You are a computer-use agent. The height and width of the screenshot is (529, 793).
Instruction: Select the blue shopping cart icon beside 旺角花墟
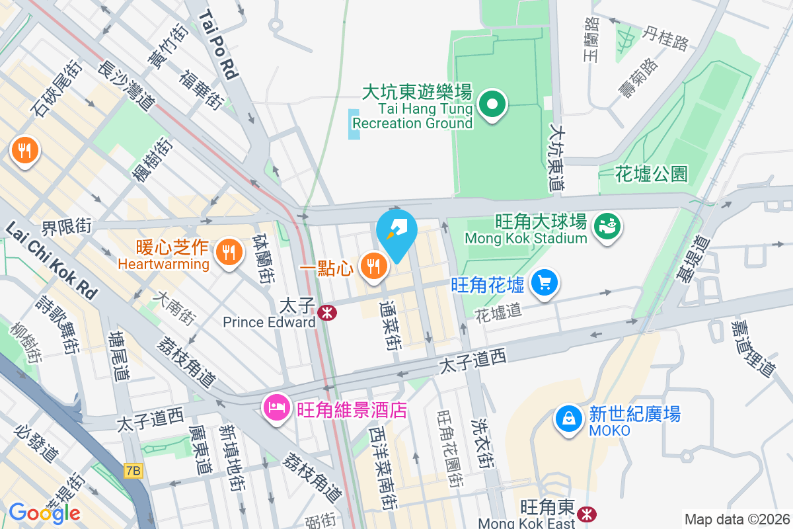click(x=544, y=284)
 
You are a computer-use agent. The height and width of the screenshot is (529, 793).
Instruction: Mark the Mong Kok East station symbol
click(x=585, y=513)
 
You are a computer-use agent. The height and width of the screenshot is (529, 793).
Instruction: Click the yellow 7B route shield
click(x=133, y=470)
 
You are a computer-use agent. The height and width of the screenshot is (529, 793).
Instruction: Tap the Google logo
click(x=44, y=512)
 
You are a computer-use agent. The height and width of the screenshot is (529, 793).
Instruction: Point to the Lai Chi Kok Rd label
click(x=52, y=259)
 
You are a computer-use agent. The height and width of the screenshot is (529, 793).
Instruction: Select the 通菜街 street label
click(x=390, y=324)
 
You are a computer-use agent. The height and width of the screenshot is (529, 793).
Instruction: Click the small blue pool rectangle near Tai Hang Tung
click(x=354, y=124)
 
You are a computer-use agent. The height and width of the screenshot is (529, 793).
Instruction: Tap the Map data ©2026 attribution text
click(x=737, y=519)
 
